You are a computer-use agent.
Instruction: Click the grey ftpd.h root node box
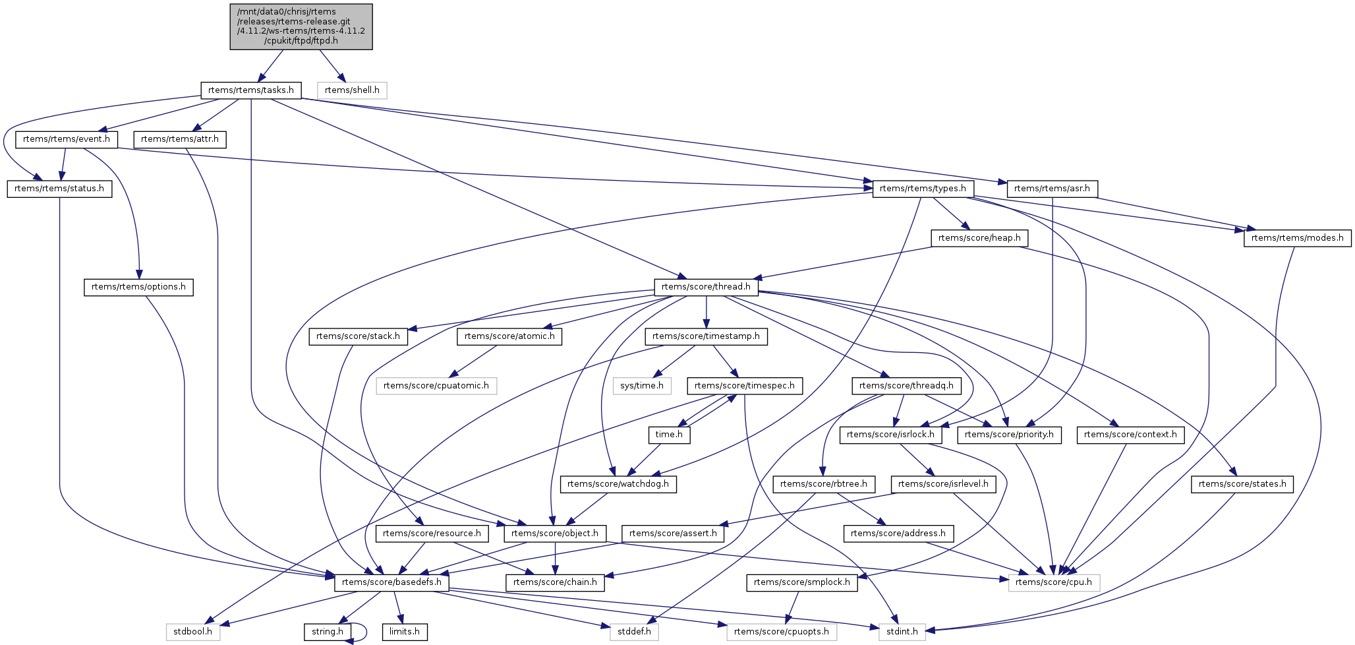pyautogui.click(x=301, y=26)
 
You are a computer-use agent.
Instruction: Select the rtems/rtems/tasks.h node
pyautogui.click(x=250, y=90)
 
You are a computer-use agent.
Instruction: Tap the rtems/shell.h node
pyautogui.click(x=352, y=90)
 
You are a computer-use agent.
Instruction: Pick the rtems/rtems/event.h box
pyautogui.click(x=67, y=140)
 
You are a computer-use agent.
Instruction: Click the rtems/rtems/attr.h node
pyautogui.click(x=180, y=140)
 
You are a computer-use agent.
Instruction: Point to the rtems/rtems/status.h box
pyautogui.click(x=59, y=189)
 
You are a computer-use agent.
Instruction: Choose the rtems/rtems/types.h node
pyautogui.click(x=923, y=189)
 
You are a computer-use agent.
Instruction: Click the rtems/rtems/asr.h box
pyautogui.click(x=1052, y=189)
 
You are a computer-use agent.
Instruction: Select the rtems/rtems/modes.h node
pyautogui.click(x=1297, y=238)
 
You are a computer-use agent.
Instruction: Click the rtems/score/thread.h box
pyautogui.click(x=706, y=287)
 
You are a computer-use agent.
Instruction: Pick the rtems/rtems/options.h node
pyautogui.click(x=138, y=287)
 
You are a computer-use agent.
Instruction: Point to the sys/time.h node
pyautogui.click(x=642, y=386)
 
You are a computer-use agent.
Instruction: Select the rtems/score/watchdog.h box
pyautogui.click(x=618, y=484)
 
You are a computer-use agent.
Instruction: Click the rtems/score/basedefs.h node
pyautogui.click(x=392, y=582)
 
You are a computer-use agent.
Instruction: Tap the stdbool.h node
pyautogui.click(x=193, y=632)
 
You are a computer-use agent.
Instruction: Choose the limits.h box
pyautogui.click(x=405, y=632)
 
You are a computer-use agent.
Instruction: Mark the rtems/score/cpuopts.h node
pyautogui.click(x=782, y=632)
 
